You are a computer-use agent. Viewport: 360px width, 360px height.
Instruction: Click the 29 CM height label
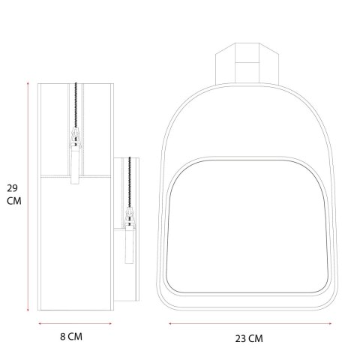14,195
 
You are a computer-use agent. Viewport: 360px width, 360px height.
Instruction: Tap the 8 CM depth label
71,337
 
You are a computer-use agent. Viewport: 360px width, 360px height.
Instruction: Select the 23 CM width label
249,339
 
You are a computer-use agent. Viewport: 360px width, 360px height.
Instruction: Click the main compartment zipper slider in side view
76,136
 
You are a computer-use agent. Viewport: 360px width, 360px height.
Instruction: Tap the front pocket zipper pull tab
129,244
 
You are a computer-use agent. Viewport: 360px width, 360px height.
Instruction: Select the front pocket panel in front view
247,226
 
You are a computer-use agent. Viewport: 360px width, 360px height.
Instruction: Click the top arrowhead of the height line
28,83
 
